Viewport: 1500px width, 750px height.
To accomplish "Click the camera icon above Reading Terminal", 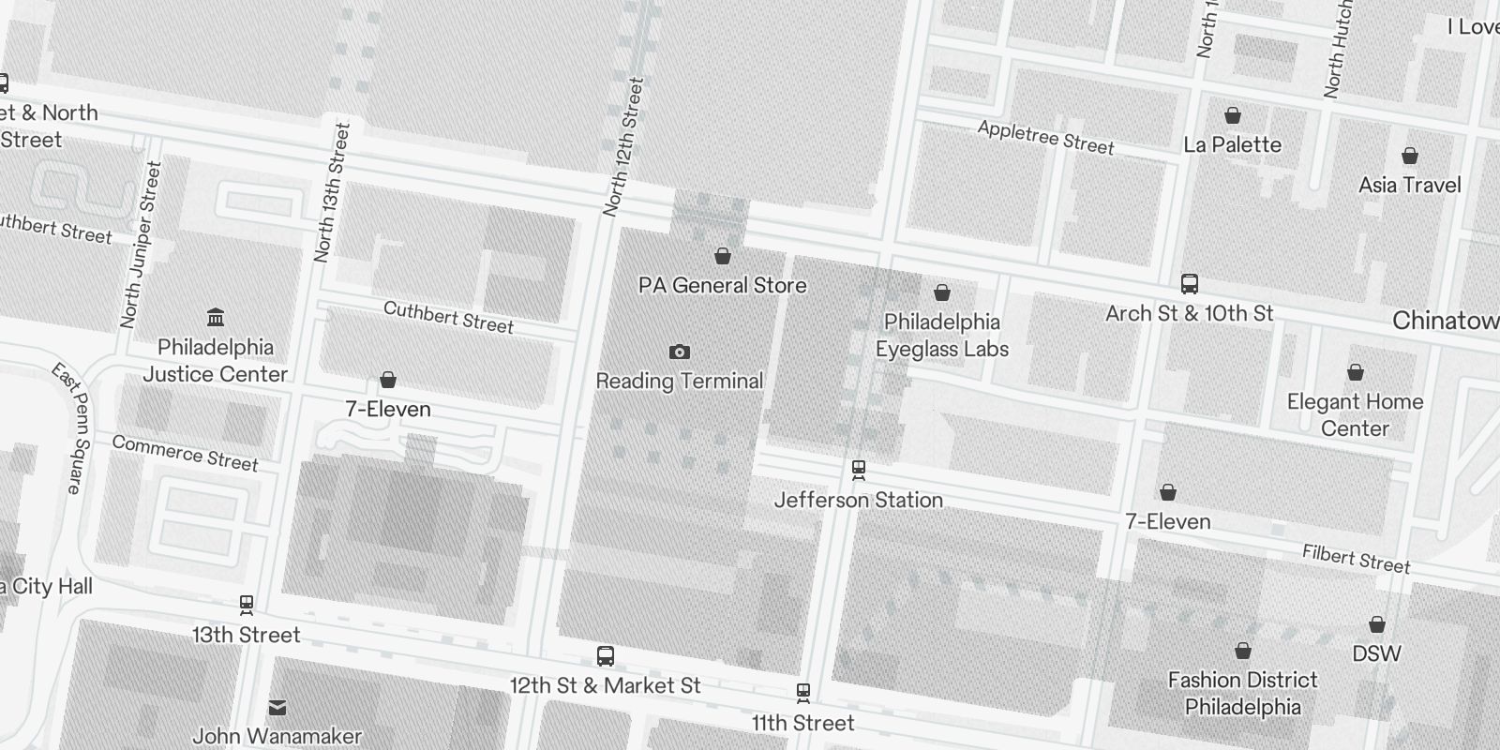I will click(680, 352).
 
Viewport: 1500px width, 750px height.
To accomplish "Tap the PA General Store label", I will click(722, 285).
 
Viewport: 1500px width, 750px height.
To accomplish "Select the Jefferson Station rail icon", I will click(858, 469).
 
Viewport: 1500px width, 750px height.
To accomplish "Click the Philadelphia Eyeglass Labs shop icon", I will click(942, 293).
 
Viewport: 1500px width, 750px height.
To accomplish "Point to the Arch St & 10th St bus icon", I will click(1189, 283).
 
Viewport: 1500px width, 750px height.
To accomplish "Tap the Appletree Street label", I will click(1045, 138).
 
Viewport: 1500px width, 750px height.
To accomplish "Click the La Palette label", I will click(1232, 144).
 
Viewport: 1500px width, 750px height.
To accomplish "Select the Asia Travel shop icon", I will click(1409, 156).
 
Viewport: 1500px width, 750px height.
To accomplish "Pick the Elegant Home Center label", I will click(1355, 414).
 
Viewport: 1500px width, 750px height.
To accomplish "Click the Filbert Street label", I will click(1356, 559).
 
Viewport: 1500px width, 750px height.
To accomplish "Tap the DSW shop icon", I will click(1376, 624).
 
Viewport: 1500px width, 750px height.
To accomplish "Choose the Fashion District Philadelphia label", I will click(1242, 693).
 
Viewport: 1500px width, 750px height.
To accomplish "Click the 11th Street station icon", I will click(802, 693).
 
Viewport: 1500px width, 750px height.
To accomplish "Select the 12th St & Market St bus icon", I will click(606, 656).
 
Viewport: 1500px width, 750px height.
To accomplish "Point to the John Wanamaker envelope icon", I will click(277, 707).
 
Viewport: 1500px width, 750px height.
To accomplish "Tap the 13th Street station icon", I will click(247, 606).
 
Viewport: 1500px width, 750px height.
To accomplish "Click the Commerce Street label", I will click(185, 453).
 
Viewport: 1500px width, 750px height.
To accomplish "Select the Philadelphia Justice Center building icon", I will click(216, 317).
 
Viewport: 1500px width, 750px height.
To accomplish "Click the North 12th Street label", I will click(623, 147).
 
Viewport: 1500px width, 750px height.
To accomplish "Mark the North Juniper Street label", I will click(142, 245).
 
